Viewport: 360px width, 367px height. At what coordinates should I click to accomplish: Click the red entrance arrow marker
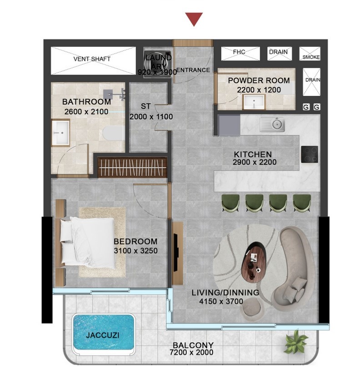(194, 19)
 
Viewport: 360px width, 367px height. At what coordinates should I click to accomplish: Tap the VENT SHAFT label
(92, 59)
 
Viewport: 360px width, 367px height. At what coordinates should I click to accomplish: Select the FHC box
(240, 53)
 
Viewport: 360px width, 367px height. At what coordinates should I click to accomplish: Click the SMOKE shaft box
(310, 54)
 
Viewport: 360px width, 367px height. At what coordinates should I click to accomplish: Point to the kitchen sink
(273, 124)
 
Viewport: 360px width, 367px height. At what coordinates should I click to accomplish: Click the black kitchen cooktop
(310, 154)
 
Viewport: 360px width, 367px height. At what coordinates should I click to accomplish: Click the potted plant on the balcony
(295, 341)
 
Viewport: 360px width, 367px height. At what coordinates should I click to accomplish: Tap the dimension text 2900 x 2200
(255, 162)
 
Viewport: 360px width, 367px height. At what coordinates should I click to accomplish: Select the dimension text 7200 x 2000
(191, 352)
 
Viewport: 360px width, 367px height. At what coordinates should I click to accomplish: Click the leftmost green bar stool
(230, 203)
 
